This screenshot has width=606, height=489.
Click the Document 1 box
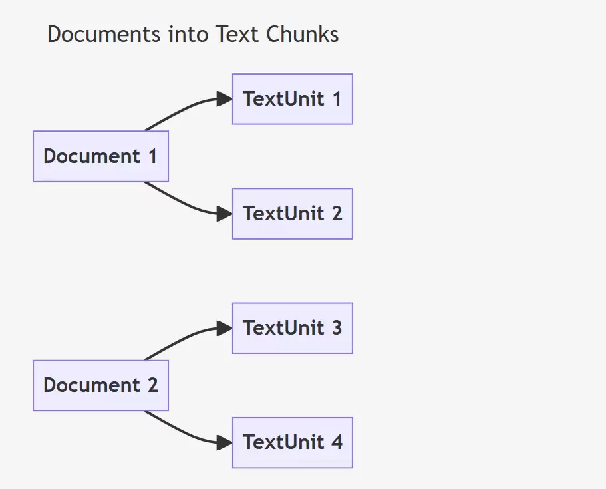100,156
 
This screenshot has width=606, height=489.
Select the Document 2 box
100,385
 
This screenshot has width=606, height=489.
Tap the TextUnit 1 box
293,99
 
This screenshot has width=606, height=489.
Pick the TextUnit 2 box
293,214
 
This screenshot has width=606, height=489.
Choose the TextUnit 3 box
293,328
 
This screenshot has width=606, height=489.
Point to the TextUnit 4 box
293,442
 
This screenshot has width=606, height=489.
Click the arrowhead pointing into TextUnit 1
225,99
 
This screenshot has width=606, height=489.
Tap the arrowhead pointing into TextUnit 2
225,214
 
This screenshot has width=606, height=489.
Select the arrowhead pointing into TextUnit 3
225,328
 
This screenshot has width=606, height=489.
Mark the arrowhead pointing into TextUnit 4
225,442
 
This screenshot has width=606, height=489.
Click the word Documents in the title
104,34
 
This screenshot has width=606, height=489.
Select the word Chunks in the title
302,34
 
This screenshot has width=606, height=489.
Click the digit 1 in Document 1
153,156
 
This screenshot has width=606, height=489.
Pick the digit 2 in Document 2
152,385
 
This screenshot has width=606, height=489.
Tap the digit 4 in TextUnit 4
337,442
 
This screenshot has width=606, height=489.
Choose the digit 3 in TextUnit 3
337,328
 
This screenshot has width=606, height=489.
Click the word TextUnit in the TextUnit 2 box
283,214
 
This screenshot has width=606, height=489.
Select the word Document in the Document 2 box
92,385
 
